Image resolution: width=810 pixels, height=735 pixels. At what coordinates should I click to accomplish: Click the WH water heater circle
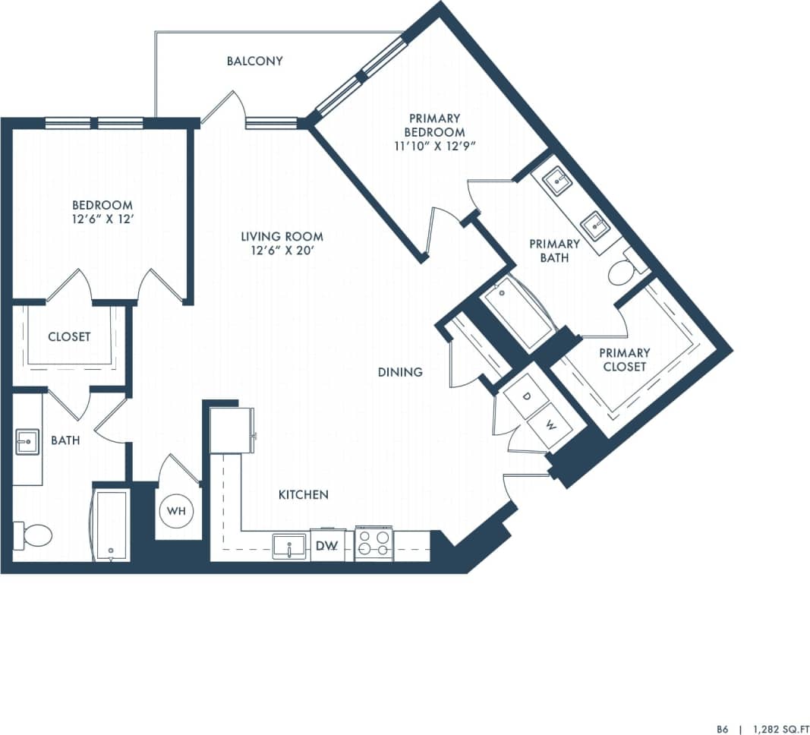(x=176, y=511)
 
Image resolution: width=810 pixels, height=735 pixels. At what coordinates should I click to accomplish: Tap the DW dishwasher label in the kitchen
(x=326, y=545)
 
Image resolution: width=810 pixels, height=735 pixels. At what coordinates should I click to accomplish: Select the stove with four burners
(x=373, y=544)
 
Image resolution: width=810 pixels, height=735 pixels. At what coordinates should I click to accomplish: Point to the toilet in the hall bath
(x=33, y=535)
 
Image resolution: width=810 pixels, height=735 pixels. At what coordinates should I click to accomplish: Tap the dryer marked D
(x=528, y=397)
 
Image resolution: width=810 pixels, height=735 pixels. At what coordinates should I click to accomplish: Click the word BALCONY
(x=254, y=61)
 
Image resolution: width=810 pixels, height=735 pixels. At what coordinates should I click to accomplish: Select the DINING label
(x=400, y=372)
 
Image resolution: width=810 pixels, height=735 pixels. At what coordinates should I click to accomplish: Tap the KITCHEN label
(x=303, y=494)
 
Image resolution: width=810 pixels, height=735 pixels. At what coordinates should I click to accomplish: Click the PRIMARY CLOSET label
(x=624, y=360)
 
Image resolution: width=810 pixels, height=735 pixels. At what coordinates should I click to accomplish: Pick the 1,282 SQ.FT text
(x=777, y=727)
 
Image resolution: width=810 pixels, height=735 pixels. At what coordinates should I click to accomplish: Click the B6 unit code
(x=722, y=727)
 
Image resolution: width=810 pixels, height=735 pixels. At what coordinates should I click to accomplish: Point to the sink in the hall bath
(x=27, y=441)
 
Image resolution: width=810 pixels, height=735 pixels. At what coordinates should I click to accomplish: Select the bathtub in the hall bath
(x=111, y=525)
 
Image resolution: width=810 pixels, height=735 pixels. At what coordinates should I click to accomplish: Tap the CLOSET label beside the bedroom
(x=69, y=336)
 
